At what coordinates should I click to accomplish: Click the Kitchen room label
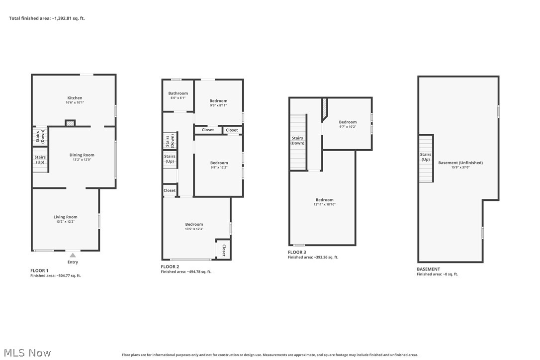tap(75, 98)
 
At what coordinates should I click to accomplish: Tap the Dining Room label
tap(82, 155)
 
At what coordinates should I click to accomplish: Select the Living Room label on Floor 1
tap(66, 217)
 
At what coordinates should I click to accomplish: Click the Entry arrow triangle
tap(73, 255)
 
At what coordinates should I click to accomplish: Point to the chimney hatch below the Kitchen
tap(71, 123)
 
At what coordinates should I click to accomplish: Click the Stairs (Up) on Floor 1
tap(40, 160)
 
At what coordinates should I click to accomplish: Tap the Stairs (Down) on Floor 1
tap(40, 137)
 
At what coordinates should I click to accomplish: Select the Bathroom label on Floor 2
tap(178, 93)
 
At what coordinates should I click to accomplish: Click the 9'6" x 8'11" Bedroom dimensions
tap(218, 105)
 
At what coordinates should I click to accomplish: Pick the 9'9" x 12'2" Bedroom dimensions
tap(219, 168)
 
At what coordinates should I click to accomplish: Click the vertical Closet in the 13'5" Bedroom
tap(223, 250)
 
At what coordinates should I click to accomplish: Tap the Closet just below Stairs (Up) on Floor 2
tap(170, 190)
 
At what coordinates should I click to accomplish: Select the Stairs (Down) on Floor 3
tap(297, 141)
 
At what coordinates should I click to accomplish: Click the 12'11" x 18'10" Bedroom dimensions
tap(324, 204)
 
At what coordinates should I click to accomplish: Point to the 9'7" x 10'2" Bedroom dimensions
tap(348, 126)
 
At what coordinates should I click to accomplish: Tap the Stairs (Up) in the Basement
tap(426, 157)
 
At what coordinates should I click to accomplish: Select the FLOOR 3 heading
tap(297, 252)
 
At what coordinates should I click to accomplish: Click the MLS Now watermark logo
tap(26, 353)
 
